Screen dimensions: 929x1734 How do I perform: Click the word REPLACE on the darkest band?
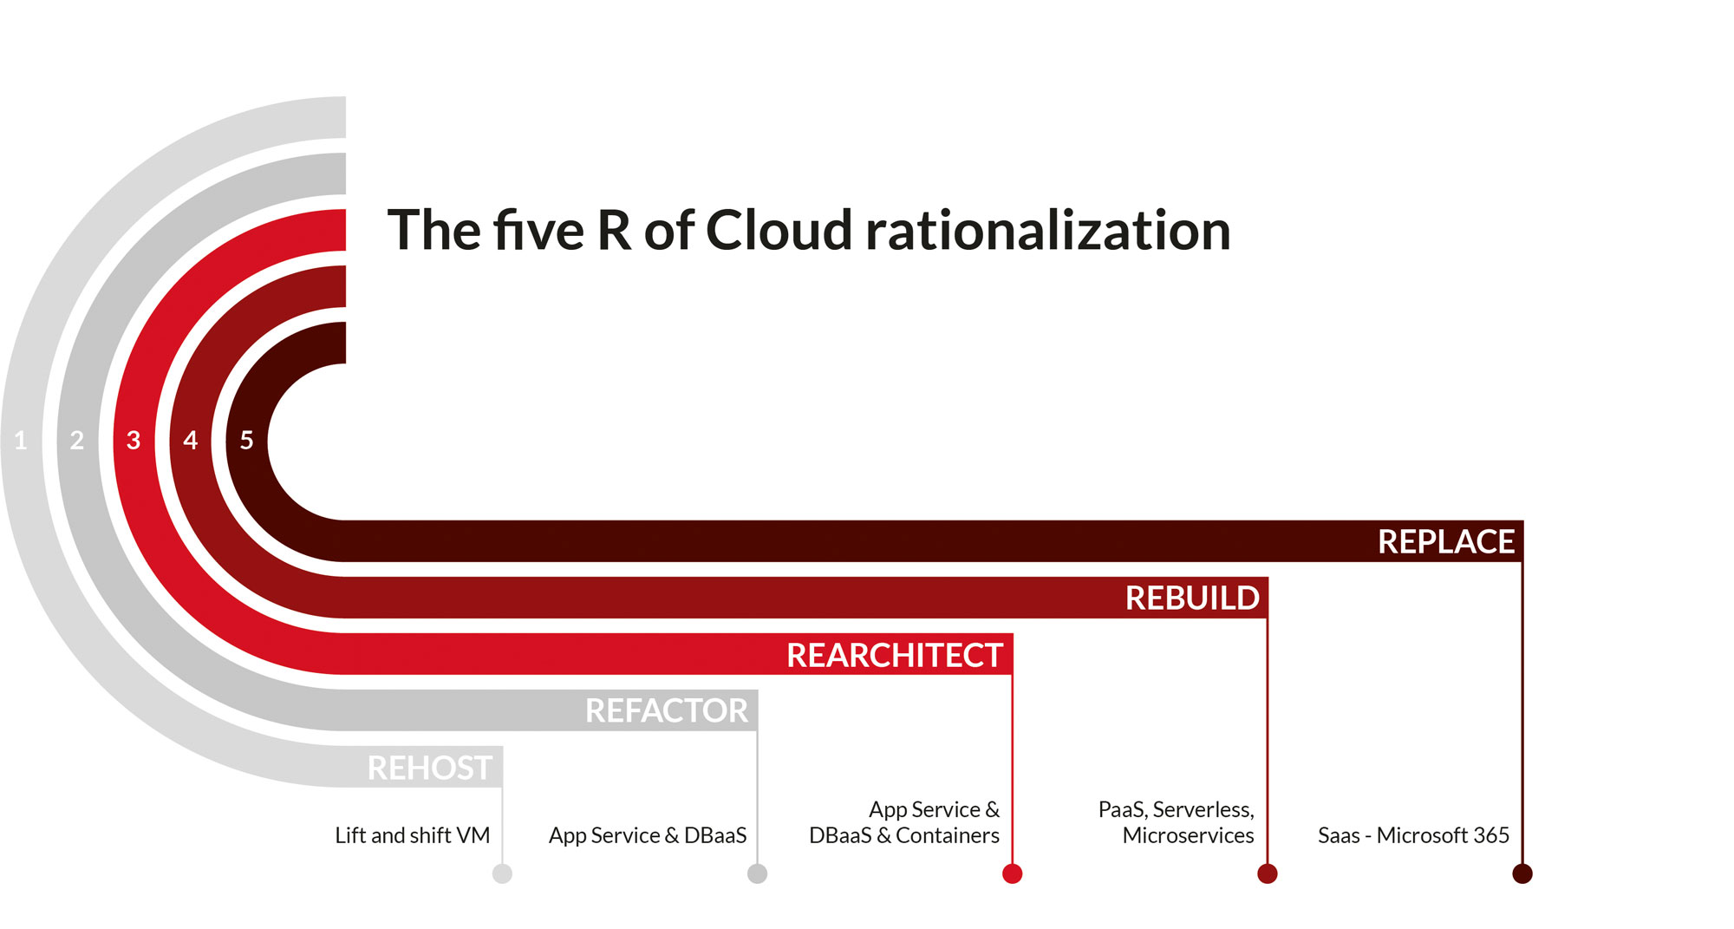click(1445, 542)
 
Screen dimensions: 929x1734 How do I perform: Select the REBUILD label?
click(1192, 599)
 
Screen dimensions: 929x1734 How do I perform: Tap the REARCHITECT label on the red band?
click(894, 656)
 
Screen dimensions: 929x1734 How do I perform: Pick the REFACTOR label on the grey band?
click(666, 711)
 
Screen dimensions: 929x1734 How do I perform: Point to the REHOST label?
click(429, 769)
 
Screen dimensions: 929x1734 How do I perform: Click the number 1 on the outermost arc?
click(21, 441)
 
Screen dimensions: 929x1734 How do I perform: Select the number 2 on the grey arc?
click(77, 441)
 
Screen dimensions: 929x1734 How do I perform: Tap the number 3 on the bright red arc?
click(134, 441)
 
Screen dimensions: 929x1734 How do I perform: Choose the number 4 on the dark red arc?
click(191, 441)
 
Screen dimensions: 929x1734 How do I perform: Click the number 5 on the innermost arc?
click(247, 441)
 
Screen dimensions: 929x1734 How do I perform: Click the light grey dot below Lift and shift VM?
click(502, 873)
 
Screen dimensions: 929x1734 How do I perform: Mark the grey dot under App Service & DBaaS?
click(757, 873)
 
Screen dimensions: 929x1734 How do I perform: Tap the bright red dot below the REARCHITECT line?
click(1012, 873)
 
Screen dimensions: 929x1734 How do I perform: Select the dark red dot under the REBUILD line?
click(1267, 873)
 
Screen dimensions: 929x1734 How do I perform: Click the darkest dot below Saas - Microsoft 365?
click(1522, 873)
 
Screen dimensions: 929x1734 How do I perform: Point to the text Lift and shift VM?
click(412, 835)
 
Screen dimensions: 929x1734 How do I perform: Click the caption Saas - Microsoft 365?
click(1413, 835)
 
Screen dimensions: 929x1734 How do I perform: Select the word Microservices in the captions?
click(1188, 835)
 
